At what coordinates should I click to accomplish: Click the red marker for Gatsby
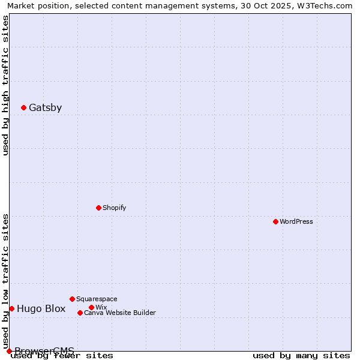[x=23, y=108]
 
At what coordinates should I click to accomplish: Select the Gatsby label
[x=45, y=108]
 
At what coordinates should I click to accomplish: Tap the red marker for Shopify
[x=98, y=208]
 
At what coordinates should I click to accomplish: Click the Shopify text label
[x=114, y=208]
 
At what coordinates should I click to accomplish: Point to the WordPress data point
[x=275, y=221]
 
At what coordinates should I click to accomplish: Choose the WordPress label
[x=296, y=221]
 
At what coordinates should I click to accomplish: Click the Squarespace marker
[x=72, y=299]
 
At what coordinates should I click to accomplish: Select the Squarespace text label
[x=97, y=299]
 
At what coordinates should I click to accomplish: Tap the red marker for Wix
[x=91, y=307]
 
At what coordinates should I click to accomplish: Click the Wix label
[x=101, y=307]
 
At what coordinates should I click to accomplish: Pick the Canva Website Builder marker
[x=80, y=313]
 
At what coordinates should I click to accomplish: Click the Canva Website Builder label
[x=119, y=313]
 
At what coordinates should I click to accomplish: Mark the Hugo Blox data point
[x=11, y=308]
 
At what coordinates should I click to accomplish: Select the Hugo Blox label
[x=41, y=309]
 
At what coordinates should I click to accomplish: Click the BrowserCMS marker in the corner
[x=9, y=351]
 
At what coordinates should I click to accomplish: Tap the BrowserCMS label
[x=44, y=351]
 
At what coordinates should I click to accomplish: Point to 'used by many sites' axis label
[x=301, y=355]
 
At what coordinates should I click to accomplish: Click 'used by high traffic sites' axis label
[x=5, y=85]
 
